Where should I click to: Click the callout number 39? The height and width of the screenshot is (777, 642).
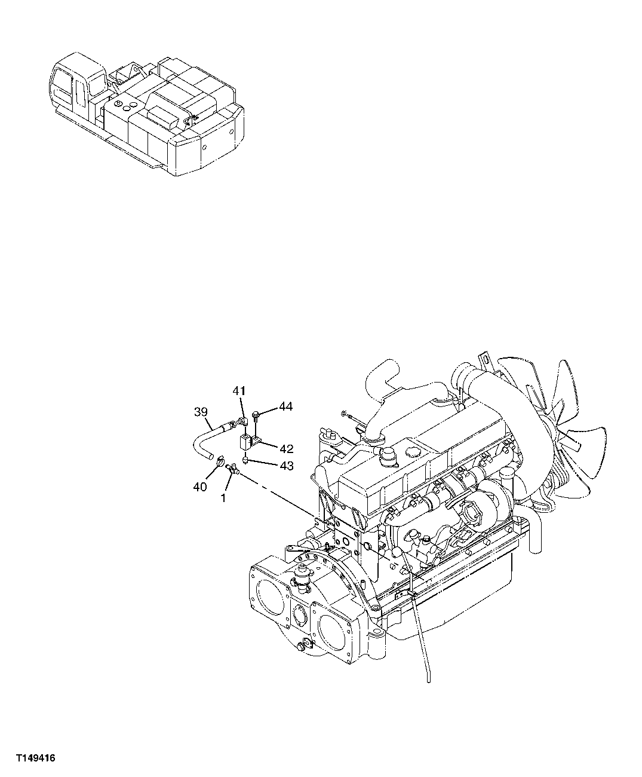[201, 412]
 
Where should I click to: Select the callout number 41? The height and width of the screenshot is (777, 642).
[239, 391]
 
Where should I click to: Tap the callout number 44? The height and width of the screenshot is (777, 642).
[285, 407]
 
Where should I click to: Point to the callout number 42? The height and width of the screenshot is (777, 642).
[285, 449]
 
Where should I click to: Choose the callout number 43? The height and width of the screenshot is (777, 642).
[285, 466]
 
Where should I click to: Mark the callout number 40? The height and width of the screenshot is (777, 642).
[199, 487]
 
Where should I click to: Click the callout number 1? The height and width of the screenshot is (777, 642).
[223, 497]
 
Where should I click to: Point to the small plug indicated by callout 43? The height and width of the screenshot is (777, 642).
[247, 460]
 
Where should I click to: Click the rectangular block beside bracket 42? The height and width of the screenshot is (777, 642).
[244, 443]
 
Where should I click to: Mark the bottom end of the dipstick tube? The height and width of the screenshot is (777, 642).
[428, 679]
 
